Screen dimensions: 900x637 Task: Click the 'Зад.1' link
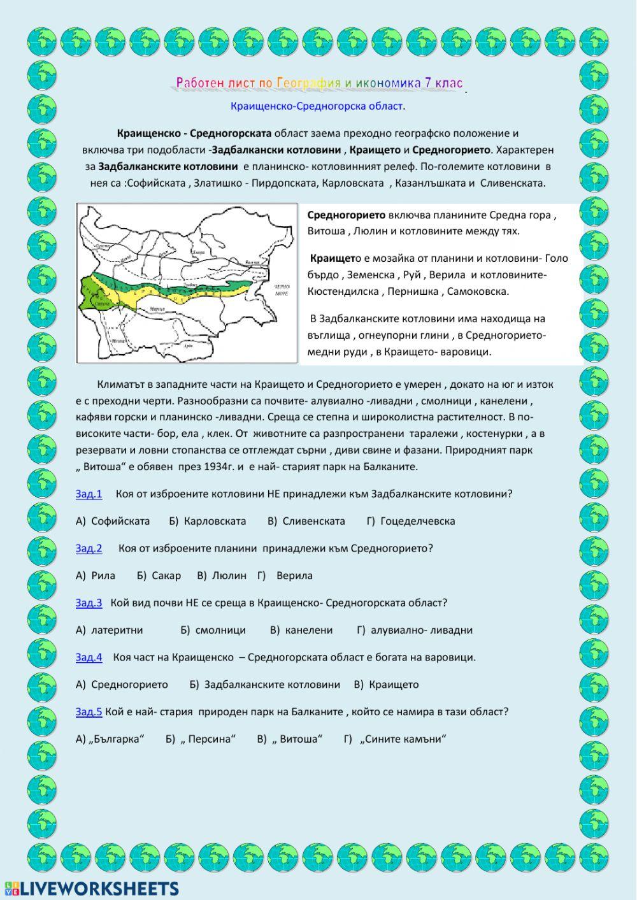pyautogui.click(x=89, y=494)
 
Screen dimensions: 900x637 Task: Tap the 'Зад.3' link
pyautogui.click(x=89, y=603)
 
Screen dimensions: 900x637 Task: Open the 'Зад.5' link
pyautogui.click(x=89, y=711)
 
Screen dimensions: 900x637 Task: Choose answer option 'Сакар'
pyautogui.click(x=166, y=575)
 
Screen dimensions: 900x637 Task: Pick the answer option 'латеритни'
pyautogui.click(x=117, y=630)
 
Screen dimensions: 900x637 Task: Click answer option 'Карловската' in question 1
pyautogui.click(x=215, y=521)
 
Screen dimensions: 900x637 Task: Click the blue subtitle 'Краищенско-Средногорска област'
pyautogui.click(x=317, y=106)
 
